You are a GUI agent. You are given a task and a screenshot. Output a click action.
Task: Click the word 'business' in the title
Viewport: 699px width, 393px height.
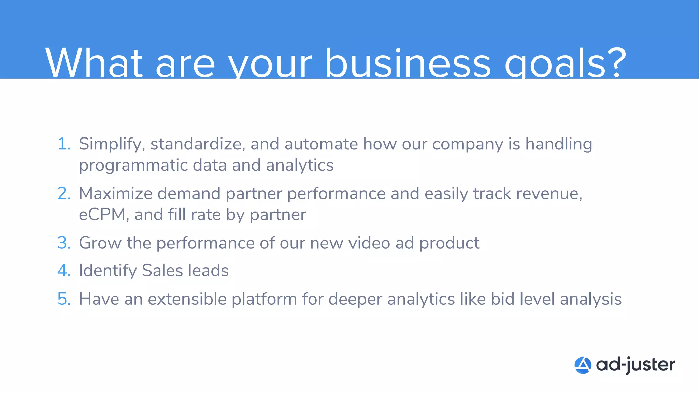coord(408,63)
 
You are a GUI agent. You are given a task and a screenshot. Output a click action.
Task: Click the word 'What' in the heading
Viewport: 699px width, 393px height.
coord(94,63)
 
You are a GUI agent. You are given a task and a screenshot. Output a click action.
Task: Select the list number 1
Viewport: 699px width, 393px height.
coord(63,144)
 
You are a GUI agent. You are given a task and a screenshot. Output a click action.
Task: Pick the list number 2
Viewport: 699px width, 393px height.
coord(64,193)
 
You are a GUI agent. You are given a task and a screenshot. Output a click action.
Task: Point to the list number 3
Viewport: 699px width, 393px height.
coord(64,243)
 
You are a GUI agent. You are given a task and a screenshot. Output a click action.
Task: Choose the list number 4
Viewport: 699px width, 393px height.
coord(64,271)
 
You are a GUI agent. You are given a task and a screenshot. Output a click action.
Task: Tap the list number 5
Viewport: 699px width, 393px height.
coord(64,299)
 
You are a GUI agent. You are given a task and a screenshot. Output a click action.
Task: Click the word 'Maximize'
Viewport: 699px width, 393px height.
coord(115,193)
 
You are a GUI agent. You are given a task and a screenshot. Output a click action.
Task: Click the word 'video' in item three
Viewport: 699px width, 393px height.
coord(369,243)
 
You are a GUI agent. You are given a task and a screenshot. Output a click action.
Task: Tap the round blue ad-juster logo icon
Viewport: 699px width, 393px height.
coord(583,365)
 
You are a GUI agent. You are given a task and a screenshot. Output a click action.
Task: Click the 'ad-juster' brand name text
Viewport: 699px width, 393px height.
coord(636,365)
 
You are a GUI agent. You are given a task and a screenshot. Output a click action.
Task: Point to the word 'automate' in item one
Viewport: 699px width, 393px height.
coord(321,144)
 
